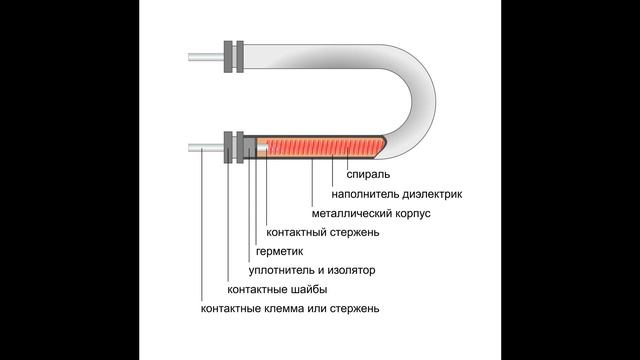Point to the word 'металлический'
349,213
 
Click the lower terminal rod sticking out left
205,148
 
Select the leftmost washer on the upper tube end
229,55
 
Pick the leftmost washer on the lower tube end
229,148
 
